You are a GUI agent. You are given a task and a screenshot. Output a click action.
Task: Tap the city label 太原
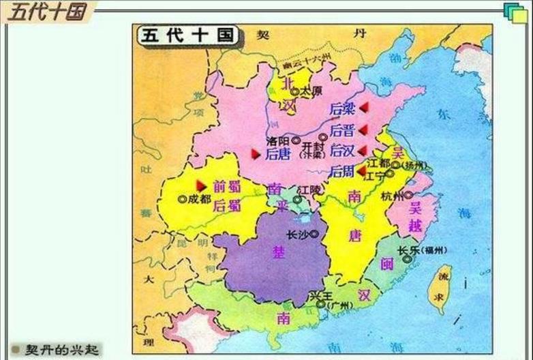coord(310,90)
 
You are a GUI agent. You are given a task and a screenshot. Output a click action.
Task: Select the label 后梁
coord(342,108)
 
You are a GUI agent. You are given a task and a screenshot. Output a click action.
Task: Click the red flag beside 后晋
coord(363,130)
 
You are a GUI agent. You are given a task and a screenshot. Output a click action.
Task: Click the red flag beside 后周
coord(361,171)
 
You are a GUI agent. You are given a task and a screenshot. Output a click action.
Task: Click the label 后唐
coord(277,154)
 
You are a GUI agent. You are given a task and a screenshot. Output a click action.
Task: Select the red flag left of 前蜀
coord(201,185)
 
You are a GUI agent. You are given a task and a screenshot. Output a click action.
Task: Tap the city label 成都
coord(196,199)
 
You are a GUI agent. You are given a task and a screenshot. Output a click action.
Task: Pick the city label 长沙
coord(297,235)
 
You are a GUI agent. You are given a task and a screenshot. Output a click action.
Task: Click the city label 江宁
coord(376,176)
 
